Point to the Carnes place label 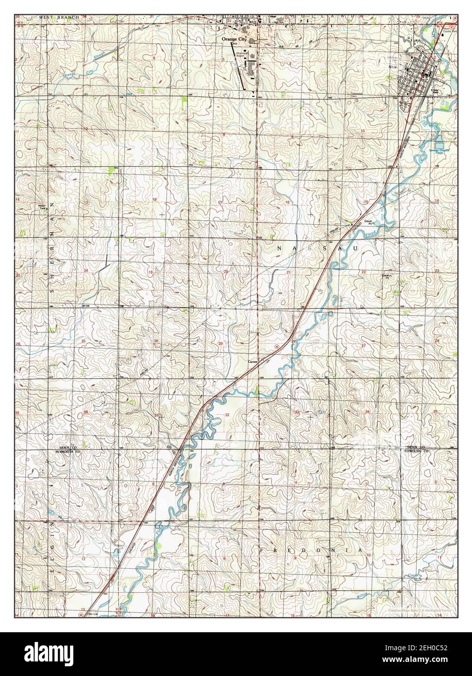[x=252, y=362]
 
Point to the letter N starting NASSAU [x=280, y=249]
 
